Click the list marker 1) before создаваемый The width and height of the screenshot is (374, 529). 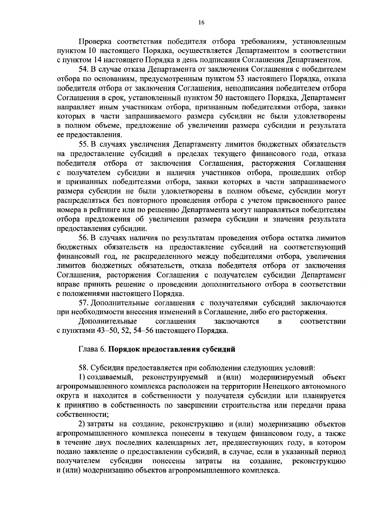click(x=81, y=377)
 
